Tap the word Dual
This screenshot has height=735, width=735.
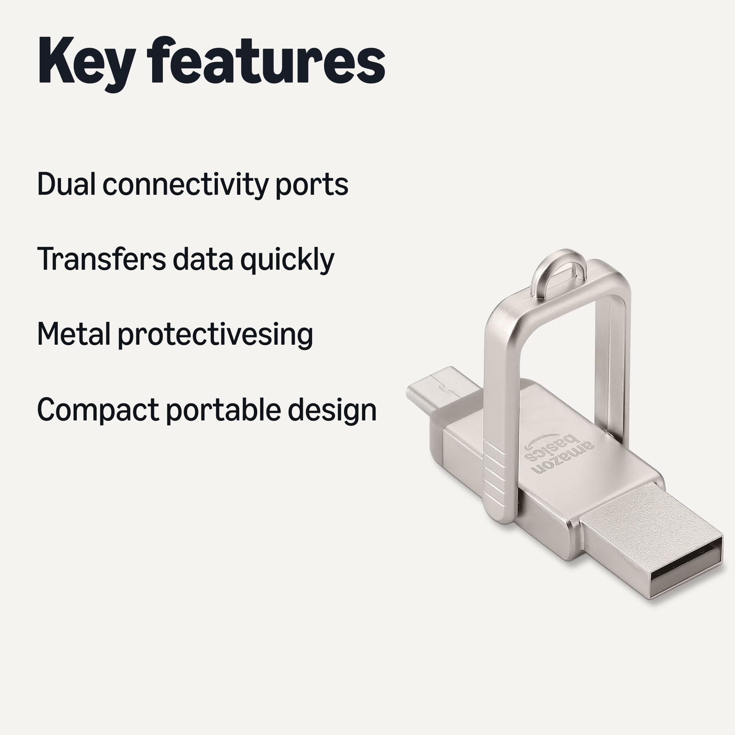66,184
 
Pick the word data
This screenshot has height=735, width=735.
203,259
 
